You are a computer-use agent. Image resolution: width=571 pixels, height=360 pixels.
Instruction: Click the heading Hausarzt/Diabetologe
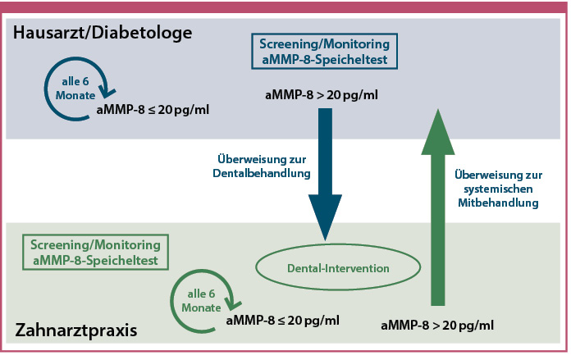click(103, 34)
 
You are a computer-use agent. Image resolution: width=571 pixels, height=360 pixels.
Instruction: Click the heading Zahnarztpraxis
click(76, 331)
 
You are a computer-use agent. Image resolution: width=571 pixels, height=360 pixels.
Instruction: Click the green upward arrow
click(438, 213)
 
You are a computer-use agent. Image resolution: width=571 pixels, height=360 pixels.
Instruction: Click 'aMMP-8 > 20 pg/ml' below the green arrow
click(437, 326)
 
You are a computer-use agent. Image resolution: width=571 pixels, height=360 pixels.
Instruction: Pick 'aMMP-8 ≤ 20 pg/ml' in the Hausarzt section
click(153, 109)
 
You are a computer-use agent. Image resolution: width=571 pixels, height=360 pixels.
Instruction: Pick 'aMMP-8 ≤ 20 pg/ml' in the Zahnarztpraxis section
click(282, 320)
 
